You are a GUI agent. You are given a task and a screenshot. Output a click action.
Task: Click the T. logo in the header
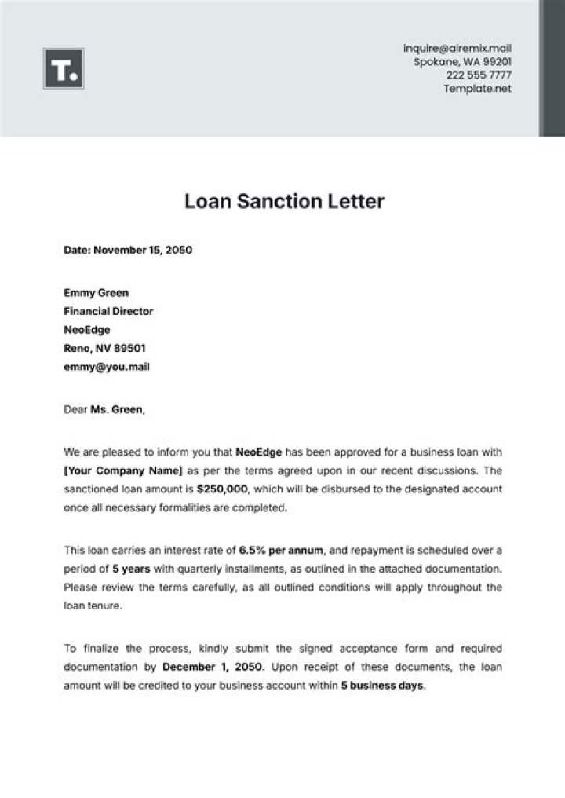64,68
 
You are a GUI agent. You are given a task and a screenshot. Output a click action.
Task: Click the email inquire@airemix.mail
457,49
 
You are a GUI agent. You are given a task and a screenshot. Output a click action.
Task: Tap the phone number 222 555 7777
479,75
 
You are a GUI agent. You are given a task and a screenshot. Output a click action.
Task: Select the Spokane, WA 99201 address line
463,62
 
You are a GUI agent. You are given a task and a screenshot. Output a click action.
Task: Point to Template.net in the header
477,89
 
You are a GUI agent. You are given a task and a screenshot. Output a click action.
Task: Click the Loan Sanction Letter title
284,201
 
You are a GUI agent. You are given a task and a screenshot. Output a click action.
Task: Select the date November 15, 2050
143,251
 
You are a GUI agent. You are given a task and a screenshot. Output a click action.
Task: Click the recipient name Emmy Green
96,293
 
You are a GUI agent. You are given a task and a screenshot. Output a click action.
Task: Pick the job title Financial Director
108,311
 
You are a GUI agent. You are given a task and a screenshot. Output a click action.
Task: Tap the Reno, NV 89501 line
104,348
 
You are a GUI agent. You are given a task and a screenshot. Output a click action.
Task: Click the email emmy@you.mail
107,367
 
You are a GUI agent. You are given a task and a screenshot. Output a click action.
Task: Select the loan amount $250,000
222,489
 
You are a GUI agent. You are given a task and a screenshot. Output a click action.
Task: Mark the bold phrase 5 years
131,568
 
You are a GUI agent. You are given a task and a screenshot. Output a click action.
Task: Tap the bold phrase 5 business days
382,685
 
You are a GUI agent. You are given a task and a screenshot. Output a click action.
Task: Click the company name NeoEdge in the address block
87,330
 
